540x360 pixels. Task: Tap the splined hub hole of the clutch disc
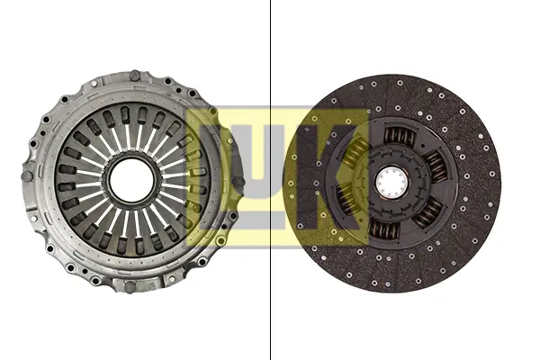click(391, 181)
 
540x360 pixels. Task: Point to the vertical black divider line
click(271, 180)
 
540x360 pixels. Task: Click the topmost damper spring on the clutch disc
click(400, 137)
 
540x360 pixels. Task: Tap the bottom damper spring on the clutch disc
click(383, 229)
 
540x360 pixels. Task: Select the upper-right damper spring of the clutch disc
click(435, 166)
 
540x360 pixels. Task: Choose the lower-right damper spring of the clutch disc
click(427, 211)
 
